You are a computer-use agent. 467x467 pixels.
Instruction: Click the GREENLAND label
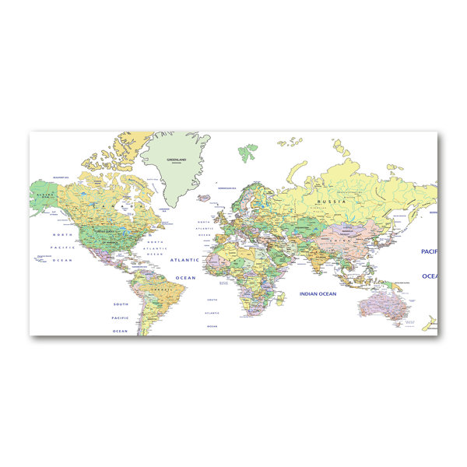pos(177,159)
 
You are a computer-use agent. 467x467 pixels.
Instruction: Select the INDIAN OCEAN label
pos(317,294)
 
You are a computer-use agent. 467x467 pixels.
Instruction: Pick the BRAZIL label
pos(163,289)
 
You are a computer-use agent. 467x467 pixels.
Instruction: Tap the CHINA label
pos(337,241)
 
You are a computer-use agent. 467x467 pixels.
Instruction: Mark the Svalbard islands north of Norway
pos(249,149)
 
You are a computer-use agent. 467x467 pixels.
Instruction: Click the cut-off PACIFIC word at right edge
pos(429,251)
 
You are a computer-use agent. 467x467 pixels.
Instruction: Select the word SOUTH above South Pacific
pos(121,304)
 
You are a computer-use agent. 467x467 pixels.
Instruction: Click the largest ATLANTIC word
pos(185,260)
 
